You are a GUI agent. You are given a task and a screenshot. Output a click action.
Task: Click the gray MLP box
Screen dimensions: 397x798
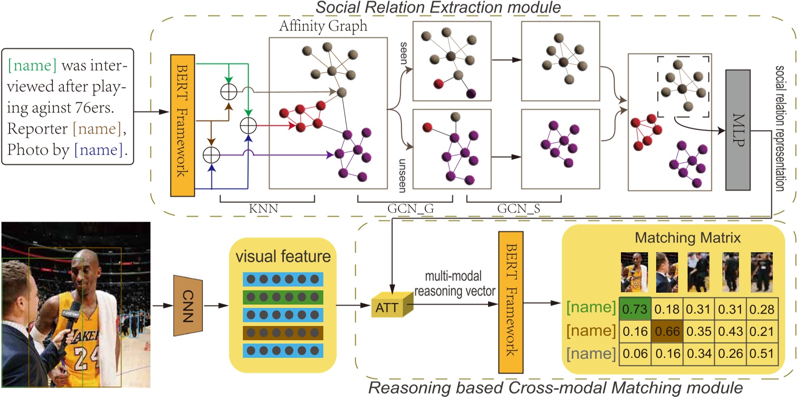738,130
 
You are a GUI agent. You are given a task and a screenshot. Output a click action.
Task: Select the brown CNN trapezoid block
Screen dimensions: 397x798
188,305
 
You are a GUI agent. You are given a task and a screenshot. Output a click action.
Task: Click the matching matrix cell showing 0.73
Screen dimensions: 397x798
635,310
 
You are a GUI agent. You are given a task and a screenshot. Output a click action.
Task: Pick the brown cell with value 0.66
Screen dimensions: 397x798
667,331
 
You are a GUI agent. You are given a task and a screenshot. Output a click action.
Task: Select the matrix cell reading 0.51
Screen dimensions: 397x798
762,354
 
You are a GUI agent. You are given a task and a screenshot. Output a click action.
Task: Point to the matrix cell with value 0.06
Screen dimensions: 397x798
635,354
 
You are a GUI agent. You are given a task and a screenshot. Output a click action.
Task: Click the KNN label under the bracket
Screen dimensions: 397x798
263,209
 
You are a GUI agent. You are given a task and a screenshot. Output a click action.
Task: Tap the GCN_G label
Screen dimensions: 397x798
410,209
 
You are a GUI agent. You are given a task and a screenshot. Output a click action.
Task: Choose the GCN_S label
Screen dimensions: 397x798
518,209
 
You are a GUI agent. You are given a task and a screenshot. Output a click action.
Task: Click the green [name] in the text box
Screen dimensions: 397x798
32,65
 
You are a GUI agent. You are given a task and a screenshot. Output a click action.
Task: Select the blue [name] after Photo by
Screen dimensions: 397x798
98,150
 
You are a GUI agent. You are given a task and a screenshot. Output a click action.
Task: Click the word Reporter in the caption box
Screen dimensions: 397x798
38,129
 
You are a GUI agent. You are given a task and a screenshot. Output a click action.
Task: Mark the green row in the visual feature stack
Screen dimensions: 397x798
283,297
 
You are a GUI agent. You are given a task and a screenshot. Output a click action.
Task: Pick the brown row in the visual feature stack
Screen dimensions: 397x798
283,333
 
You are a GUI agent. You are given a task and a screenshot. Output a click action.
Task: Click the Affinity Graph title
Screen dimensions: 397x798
323,26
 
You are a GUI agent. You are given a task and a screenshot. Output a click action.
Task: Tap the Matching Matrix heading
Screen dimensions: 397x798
688,237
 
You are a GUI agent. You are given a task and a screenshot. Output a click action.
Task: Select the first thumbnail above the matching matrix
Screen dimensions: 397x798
634,272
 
